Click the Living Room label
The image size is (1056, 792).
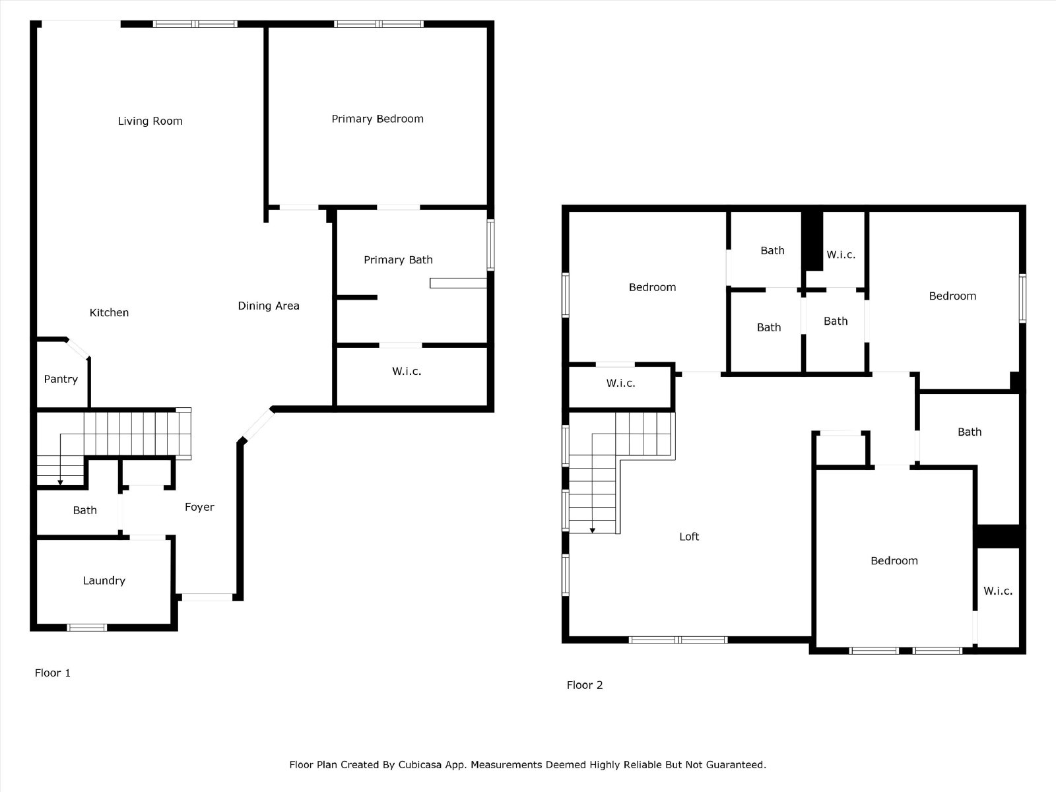point(150,121)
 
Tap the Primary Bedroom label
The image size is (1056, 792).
point(378,119)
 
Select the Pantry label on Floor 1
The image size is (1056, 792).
point(61,379)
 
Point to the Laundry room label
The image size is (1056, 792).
point(104,580)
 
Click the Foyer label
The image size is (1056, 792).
point(200,507)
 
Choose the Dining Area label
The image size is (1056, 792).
point(269,306)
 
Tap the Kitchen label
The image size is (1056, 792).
point(109,313)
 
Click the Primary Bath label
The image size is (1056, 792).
point(399,260)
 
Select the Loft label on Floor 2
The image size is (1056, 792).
point(689,537)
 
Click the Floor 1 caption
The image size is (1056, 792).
point(52,673)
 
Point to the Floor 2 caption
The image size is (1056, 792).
point(585,685)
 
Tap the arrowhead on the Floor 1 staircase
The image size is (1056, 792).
point(60,482)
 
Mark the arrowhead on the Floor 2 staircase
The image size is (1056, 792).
point(593,531)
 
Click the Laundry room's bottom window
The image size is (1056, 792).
point(86,628)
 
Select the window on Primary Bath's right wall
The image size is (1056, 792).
point(490,246)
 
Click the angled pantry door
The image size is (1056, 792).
point(77,348)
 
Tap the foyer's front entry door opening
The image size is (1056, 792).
point(207,597)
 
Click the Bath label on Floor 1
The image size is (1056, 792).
point(84,510)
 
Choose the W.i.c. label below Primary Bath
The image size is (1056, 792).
point(407,371)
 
